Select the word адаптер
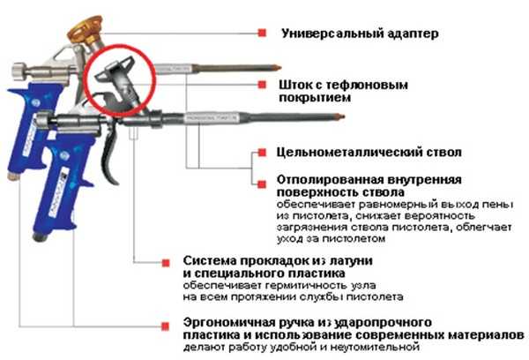pos(415,34)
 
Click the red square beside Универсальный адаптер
pos(262,33)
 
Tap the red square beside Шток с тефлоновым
pos(262,85)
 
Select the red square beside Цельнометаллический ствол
pos(262,152)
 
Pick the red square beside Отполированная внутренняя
pos(262,179)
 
